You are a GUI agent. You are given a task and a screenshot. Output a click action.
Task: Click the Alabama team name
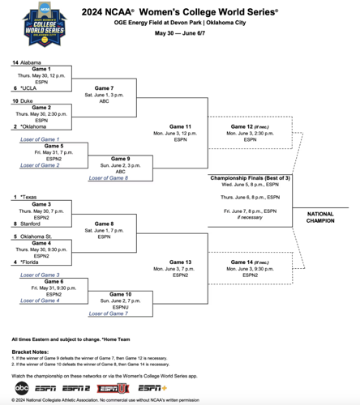32,62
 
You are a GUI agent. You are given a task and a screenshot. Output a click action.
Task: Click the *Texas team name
29,197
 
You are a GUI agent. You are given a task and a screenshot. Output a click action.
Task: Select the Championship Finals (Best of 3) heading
244,177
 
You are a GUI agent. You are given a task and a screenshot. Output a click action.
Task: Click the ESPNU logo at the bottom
113,387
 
